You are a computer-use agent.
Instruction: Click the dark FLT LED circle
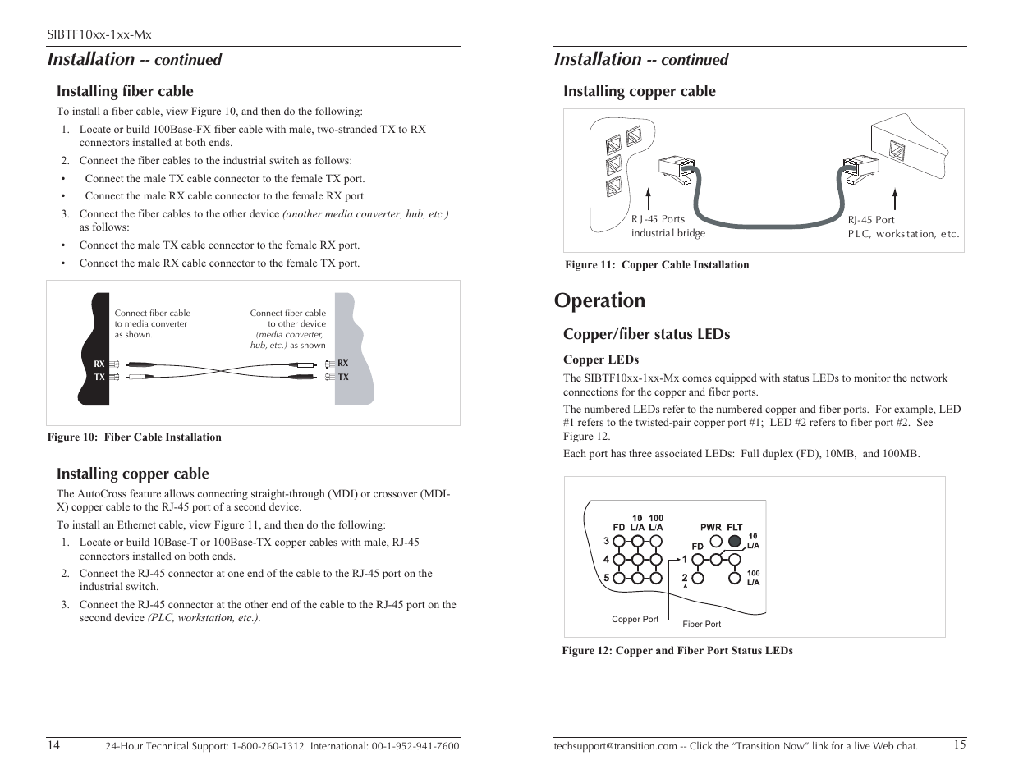(x=733, y=541)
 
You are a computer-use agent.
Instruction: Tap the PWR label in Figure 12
(x=710, y=528)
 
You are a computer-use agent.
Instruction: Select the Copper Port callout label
(x=635, y=619)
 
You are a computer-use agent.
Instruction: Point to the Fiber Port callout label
(x=701, y=624)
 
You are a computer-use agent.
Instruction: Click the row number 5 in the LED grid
(x=606, y=577)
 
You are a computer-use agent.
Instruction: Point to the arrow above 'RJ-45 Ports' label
(x=649, y=199)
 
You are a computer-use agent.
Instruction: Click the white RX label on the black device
(x=99, y=364)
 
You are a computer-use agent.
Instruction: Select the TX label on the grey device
(x=343, y=377)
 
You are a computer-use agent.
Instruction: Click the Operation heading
(x=599, y=300)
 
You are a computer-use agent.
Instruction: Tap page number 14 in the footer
(x=53, y=745)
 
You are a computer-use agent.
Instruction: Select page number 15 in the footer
(x=960, y=745)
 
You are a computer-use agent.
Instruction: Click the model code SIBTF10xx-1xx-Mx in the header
(x=99, y=34)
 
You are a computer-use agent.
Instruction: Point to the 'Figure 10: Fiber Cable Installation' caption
(x=135, y=437)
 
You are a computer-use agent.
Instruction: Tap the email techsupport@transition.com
(x=615, y=746)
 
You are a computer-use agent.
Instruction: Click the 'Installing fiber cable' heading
(x=125, y=91)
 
